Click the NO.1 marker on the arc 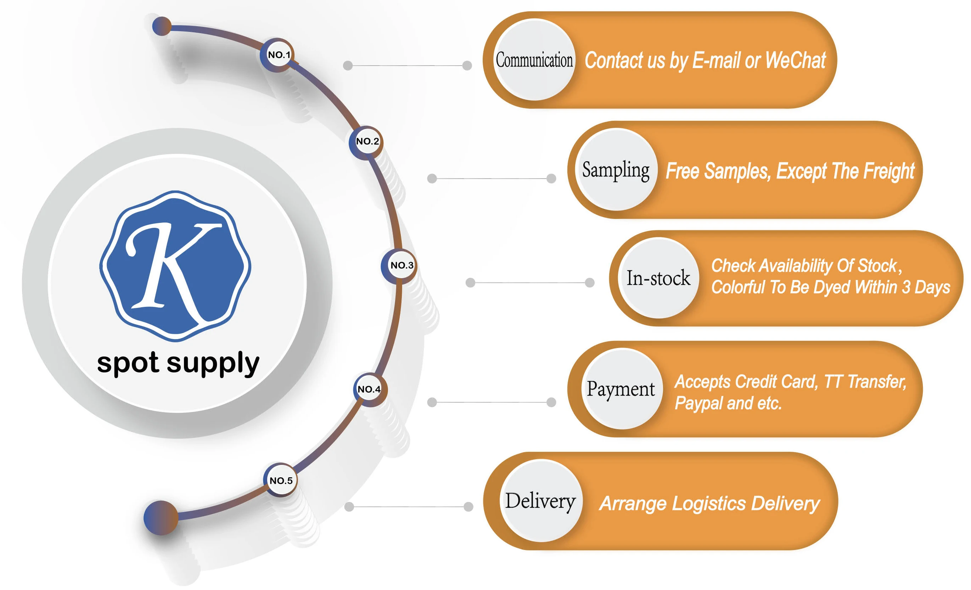pyautogui.click(x=278, y=55)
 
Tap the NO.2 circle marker pyautogui.click(x=366, y=141)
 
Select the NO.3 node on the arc pyautogui.click(x=402, y=265)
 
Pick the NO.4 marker pyautogui.click(x=369, y=389)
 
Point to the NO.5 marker pyautogui.click(x=281, y=481)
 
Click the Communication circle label pyautogui.click(x=534, y=60)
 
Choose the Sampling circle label pyautogui.click(x=616, y=170)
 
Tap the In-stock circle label pyautogui.click(x=658, y=278)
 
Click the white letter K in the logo pyautogui.click(x=173, y=268)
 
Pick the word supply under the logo pyautogui.click(x=213, y=363)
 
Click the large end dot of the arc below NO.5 pyautogui.click(x=161, y=517)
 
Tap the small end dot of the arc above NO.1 pyautogui.click(x=162, y=27)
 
